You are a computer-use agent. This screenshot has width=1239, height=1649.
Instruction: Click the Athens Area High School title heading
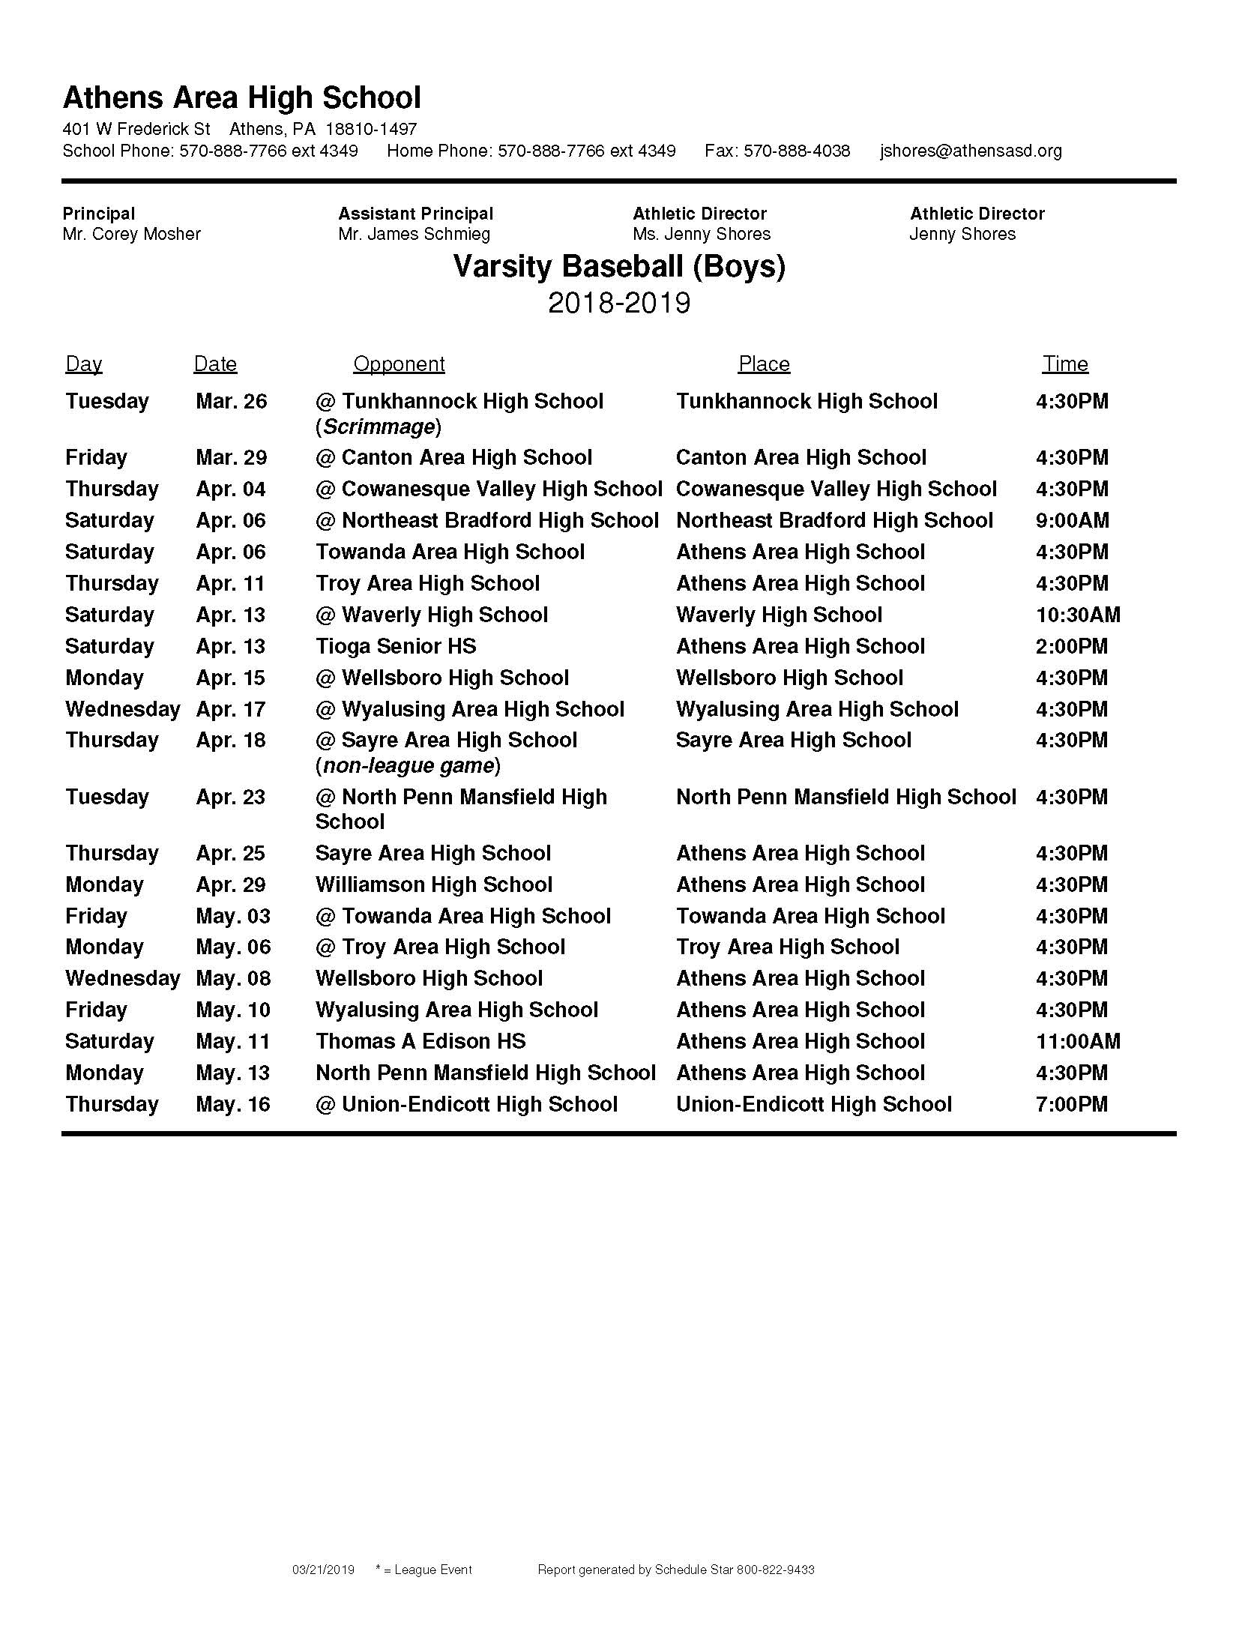(x=241, y=98)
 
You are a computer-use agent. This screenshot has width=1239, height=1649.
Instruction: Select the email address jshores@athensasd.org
(x=971, y=151)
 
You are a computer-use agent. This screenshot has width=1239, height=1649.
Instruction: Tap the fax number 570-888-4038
(x=797, y=151)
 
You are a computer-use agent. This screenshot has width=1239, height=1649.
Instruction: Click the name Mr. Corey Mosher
(x=132, y=234)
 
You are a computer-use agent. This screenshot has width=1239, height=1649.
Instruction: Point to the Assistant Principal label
(x=415, y=214)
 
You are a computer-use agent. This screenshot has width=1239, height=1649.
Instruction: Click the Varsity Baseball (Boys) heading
(x=619, y=267)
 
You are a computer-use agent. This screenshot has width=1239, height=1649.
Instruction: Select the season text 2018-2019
(x=619, y=304)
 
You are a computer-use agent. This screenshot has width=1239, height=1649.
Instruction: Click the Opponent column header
(x=399, y=364)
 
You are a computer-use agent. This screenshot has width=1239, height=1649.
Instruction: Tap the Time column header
(x=1064, y=364)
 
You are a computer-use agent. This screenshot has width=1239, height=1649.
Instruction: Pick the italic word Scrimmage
(x=379, y=427)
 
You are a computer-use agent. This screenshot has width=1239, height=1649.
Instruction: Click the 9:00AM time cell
(x=1072, y=520)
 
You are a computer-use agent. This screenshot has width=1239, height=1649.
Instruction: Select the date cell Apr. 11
(x=231, y=583)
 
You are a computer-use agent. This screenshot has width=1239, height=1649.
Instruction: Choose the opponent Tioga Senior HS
(x=396, y=646)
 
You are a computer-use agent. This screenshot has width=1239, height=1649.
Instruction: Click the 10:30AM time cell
(x=1078, y=615)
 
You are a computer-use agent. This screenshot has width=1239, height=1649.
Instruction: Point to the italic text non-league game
(x=408, y=765)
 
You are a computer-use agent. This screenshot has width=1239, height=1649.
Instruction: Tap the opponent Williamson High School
(x=433, y=884)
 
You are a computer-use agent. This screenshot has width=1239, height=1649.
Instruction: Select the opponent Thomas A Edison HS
(x=420, y=1041)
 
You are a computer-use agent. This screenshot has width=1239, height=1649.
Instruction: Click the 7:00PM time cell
(x=1072, y=1104)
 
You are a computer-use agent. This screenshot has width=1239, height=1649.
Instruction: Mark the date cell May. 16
(x=233, y=1104)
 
